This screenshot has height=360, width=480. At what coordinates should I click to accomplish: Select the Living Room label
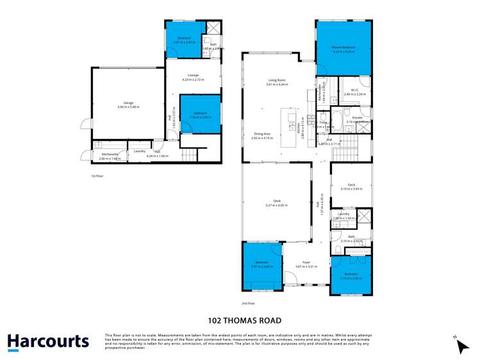point(276,80)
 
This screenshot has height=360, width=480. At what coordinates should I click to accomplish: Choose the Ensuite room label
point(357,118)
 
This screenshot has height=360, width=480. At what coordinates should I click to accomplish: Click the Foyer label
point(306,262)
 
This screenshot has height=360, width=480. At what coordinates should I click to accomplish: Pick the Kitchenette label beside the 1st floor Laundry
point(110,154)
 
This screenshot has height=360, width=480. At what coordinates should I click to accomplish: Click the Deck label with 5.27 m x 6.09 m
point(276,201)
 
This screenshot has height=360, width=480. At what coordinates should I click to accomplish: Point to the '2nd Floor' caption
point(248,303)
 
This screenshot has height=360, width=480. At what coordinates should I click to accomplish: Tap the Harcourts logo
point(48,341)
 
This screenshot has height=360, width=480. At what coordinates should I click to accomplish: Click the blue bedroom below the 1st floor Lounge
point(200,114)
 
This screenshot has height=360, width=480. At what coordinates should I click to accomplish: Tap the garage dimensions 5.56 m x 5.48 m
point(128,107)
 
